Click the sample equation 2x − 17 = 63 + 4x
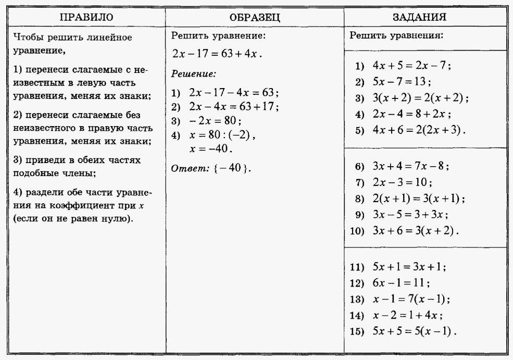[218, 55]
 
